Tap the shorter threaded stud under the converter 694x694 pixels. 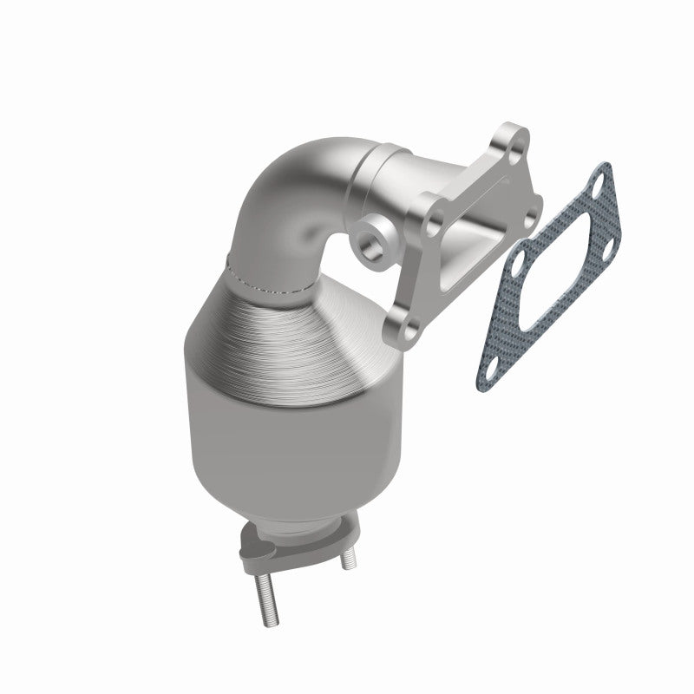click(345, 556)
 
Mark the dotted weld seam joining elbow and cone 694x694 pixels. click(269, 282)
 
